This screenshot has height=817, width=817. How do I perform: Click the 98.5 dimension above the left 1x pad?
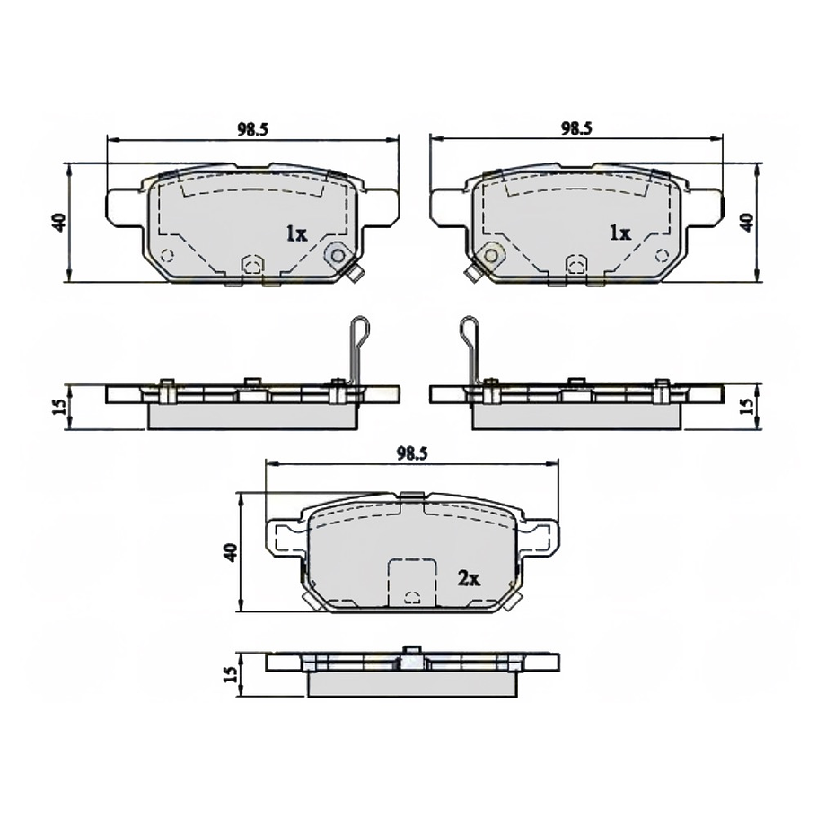(252, 128)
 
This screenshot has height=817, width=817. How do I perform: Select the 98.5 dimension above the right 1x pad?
(575, 128)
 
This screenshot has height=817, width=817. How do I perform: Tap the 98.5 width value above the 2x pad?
(411, 454)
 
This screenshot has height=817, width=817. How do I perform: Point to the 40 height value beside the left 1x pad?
(58, 223)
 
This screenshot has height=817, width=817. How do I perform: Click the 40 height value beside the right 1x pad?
(746, 223)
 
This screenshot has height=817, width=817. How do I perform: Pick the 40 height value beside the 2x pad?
(231, 552)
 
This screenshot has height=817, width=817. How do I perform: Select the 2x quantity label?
(470, 579)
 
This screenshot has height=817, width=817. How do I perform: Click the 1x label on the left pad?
(296, 233)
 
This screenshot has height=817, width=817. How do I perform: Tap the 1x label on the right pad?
(619, 233)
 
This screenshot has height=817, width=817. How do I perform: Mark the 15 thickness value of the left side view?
(58, 406)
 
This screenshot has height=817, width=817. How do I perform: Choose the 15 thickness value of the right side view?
(746, 406)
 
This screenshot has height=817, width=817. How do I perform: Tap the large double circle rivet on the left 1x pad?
(338, 256)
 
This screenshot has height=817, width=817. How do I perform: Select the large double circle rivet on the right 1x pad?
(490, 256)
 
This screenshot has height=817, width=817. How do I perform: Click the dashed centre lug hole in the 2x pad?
(411, 597)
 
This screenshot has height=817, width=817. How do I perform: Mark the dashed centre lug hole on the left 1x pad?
(252, 264)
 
